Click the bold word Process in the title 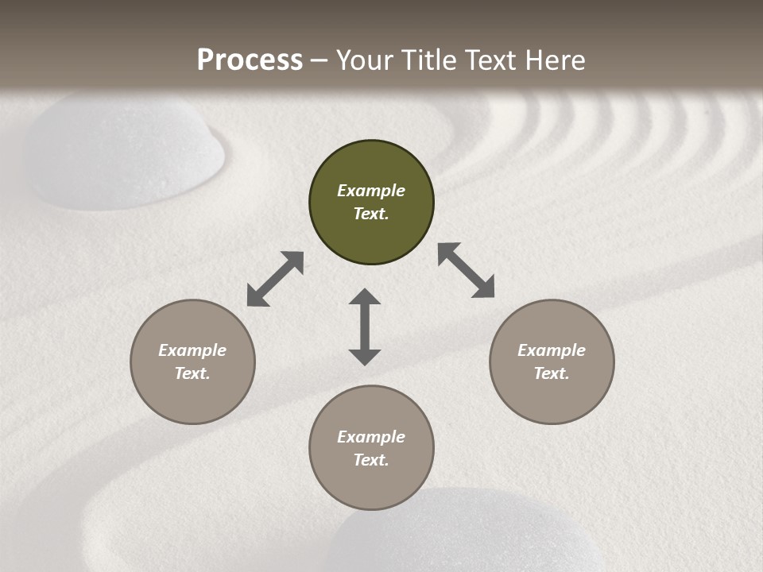pos(250,60)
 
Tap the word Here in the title pos(553,60)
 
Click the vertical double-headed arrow pos(365,327)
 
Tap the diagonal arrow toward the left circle pos(275,279)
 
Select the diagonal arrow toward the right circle pos(466,270)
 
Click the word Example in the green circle pos(371,191)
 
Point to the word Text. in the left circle pos(192,373)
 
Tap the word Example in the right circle pos(552,350)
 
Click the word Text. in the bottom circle pos(371,460)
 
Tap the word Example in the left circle pos(192,350)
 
